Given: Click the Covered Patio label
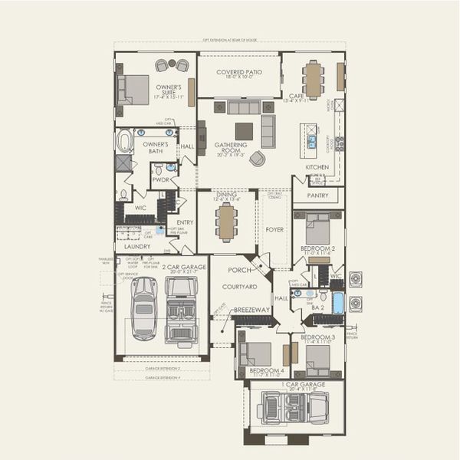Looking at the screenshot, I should pyautogui.click(x=238, y=73).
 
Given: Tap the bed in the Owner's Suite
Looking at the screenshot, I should pyautogui.click(x=134, y=90).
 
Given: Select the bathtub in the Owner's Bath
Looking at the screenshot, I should pyautogui.click(x=125, y=143).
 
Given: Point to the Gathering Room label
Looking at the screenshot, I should pyautogui.click(x=231, y=144).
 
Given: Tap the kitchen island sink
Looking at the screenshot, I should pyautogui.click(x=312, y=141).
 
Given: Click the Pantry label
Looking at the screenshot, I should pyautogui.click(x=317, y=195).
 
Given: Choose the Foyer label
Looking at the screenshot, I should pyautogui.click(x=274, y=228).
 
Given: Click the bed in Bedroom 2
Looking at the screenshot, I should pyautogui.click(x=317, y=229).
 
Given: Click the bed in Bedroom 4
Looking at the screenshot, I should pyautogui.click(x=256, y=354).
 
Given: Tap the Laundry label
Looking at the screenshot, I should pyautogui.click(x=137, y=246).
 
